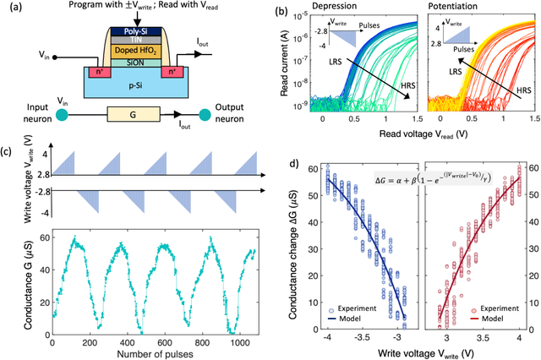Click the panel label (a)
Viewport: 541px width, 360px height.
(11, 10)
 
